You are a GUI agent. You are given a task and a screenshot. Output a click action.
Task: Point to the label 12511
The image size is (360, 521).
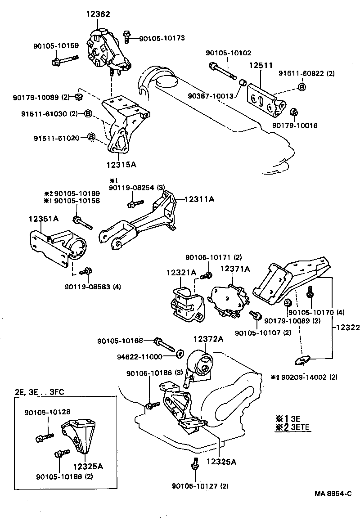click(261, 65)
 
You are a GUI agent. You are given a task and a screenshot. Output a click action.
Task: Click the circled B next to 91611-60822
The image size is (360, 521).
click(301, 87)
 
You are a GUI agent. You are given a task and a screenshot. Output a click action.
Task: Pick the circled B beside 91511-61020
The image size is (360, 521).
click(90, 137)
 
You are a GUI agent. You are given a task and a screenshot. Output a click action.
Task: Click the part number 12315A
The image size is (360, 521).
click(121, 165)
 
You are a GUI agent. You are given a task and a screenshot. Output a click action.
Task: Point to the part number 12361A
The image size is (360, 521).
click(44, 219)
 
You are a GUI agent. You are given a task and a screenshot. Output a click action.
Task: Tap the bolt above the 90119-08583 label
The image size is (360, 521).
click(85, 272)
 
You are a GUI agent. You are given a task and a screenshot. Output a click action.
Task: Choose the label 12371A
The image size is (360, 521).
click(234, 269)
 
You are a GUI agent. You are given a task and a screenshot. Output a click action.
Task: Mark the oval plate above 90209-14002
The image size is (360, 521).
click(299, 359)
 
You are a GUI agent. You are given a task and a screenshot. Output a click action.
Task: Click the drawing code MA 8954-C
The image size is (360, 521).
click(333, 494)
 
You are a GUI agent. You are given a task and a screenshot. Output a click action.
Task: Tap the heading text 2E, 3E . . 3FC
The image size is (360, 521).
click(40, 392)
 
